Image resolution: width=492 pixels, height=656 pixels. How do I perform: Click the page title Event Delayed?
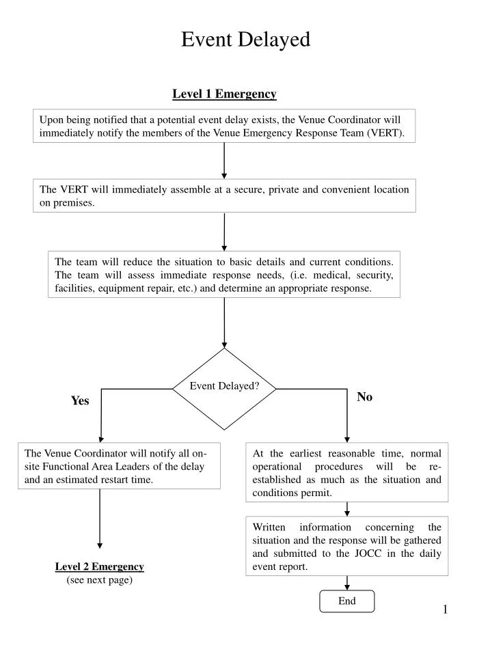[x=245, y=40]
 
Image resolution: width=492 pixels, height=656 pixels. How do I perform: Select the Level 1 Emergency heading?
[x=224, y=94]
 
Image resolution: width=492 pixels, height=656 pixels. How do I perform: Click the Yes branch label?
[x=80, y=401]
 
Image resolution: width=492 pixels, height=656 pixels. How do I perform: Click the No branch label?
[x=365, y=397]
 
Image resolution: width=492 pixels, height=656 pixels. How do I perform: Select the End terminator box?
[x=347, y=601]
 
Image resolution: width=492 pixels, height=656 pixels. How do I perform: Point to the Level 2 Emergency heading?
[x=100, y=566]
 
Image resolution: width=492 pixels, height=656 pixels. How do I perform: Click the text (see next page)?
[x=100, y=580]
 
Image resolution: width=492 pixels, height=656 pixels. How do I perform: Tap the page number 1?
[x=445, y=610]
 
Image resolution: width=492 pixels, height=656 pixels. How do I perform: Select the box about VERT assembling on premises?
[x=224, y=196]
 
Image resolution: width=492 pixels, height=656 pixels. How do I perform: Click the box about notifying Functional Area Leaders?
[x=119, y=466]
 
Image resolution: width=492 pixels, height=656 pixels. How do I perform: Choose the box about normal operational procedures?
[x=347, y=472]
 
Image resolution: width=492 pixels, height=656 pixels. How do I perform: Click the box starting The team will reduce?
[x=224, y=275]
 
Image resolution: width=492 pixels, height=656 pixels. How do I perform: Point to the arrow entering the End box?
[x=347, y=583]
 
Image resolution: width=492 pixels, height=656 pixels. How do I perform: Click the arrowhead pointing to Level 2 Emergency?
[x=100, y=545]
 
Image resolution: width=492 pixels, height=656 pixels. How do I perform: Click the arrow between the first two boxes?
[x=224, y=161]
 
